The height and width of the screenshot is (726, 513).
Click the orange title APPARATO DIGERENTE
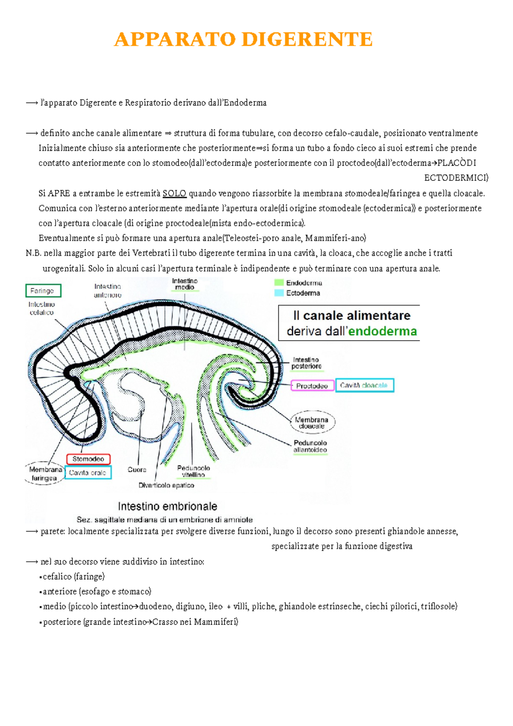pyautogui.click(x=243, y=39)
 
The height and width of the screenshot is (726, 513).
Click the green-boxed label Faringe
pyautogui.click(x=43, y=291)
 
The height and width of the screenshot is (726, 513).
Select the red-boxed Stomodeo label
pyautogui.click(x=88, y=459)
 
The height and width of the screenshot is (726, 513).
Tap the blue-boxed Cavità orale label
pyautogui.click(x=88, y=472)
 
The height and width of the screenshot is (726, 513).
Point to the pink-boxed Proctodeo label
pyautogui.click(x=312, y=386)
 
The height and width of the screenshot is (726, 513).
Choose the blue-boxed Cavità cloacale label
pyautogui.click(x=364, y=385)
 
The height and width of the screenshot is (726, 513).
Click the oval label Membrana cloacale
pyautogui.click(x=312, y=423)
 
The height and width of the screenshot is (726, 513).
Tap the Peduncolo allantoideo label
pyautogui.click(x=310, y=446)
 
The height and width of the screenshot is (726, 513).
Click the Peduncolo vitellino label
pyautogui.click(x=193, y=471)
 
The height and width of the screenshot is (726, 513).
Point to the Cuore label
pyautogui.click(x=137, y=469)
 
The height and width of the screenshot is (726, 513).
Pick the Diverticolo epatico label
pyautogui.click(x=166, y=485)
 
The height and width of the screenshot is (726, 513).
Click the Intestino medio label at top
pyautogui.click(x=185, y=284)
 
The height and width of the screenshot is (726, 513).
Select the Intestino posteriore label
pyautogui.click(x=306, y=363)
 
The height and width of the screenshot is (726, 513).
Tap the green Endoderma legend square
pyautogui.click(x=279, y=283)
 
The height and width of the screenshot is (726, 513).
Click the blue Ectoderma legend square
pyautogui.click(x=279, y=293)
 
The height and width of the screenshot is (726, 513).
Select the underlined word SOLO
pyautogui.click(x=174, y=193)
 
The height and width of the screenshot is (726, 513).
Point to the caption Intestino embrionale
pyautogui.click(x=167, y=507)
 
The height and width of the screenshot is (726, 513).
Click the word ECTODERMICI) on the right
pyautogui.click(x=456, y=178)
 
